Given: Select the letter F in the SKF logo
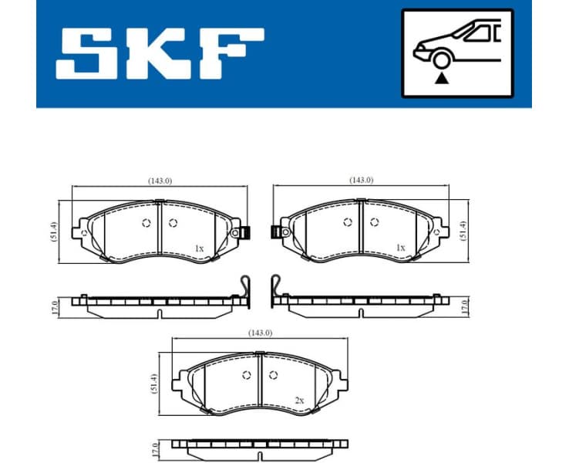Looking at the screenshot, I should [231, 53].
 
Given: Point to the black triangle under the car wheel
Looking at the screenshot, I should [441, 78].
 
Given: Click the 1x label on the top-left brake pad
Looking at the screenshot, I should [198, 248].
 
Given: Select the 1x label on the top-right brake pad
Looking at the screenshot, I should [400, 248].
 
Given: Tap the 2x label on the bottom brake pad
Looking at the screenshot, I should [299, 400].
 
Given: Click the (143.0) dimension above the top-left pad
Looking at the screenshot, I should [160, 181].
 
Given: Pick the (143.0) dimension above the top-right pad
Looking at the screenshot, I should [361, 180].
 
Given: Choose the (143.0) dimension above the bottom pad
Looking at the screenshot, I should [260, 333].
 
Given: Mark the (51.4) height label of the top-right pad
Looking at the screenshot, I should [463, 231].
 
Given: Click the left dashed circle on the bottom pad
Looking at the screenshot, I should [247, 376].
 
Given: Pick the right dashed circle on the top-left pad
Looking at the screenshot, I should [172, 224].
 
